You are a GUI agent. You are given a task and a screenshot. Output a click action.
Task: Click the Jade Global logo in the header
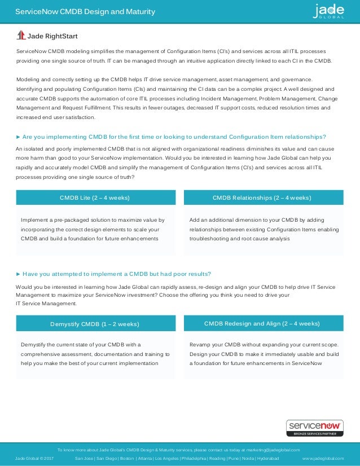click(x=330, y=11)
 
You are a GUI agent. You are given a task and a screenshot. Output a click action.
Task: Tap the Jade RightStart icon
click(x=21, y=36)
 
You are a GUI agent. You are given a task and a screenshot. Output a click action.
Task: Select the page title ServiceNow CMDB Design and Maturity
click(x=85, y=12)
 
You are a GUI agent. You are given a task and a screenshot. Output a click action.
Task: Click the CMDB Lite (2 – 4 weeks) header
click(x=95, y=197)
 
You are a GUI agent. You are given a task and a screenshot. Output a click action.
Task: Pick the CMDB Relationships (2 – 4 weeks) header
click(x=261, y=197)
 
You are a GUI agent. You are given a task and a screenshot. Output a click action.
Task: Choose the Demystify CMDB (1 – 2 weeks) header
click(x=95, y=324)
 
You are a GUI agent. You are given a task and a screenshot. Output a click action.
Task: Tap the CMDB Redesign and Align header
click(x=261, y=323)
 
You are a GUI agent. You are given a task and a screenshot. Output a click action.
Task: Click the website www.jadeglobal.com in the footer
click(x=323, y=459)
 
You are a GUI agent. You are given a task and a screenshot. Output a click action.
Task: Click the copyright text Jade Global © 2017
click(x=34, y=459)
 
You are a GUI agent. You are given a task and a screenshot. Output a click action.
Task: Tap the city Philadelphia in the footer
click(x=193, y=459)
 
